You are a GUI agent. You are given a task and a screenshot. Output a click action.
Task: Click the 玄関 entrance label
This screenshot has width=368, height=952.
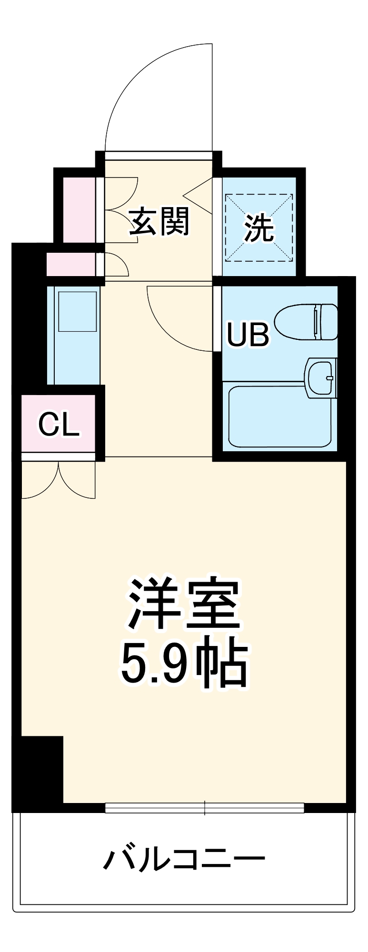160,221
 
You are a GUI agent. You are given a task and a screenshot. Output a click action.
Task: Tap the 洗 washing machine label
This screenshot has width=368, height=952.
259,228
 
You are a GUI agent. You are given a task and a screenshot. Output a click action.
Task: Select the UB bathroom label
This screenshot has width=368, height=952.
248,334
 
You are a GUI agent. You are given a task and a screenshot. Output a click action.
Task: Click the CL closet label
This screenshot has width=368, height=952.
58,425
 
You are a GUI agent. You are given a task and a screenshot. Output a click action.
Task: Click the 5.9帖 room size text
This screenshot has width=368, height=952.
183,664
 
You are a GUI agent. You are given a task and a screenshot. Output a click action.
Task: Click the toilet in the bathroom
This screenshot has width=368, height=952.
307,322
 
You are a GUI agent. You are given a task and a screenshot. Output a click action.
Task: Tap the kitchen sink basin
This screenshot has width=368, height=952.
77,311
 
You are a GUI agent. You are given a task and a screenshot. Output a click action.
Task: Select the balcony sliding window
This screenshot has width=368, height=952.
204,808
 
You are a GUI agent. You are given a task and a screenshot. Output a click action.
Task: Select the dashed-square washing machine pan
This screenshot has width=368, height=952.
259,228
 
